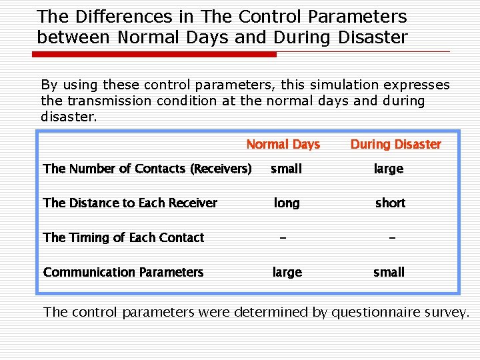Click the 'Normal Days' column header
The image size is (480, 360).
tap(283, 145)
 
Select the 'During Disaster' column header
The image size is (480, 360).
tap(395, 145)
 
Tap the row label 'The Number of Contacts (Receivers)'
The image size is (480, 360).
tap(147, 169)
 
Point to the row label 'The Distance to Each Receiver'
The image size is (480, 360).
tap(130, 203)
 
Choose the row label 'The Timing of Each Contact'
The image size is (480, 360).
tap(123, 238)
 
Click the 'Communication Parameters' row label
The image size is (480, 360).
tap(123, 273)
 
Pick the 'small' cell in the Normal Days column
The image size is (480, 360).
tap(286, 169)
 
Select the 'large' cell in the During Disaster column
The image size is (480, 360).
tap(389, 169)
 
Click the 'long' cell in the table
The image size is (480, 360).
tap(287, 203)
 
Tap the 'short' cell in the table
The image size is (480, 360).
tap(390, 203)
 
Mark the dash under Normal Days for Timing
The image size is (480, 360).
tap(284, 238)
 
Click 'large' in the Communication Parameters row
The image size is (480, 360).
tap(287, 273)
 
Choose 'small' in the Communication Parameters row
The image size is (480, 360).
tap(389, 273)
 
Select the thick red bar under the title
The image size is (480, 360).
tap(156, 55)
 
